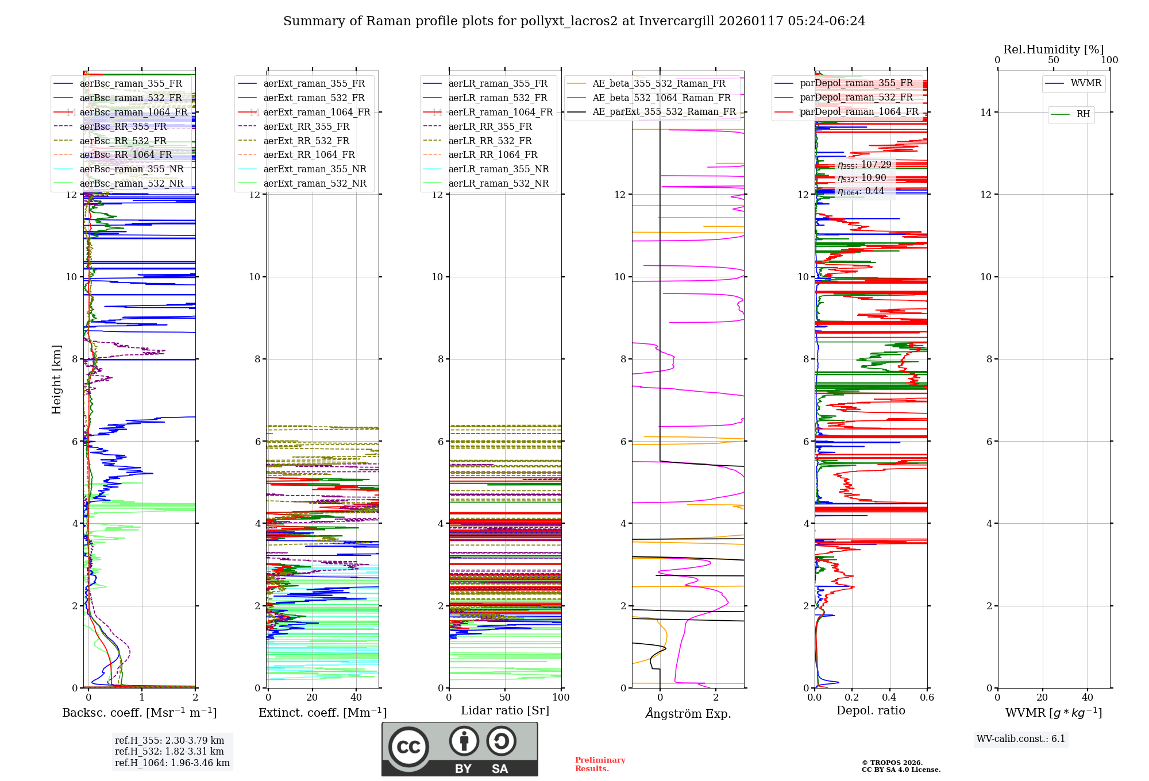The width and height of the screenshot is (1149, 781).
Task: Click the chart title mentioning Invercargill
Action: point(574,21)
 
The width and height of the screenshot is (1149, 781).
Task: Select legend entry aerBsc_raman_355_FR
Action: point(130,84)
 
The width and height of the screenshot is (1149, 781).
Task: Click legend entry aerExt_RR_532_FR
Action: point(306,141)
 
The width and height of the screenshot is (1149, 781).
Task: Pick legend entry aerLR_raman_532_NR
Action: point(498,184)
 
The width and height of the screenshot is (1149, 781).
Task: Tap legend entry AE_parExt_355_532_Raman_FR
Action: point(664,112)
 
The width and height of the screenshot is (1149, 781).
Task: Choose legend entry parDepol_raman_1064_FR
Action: point(859,112)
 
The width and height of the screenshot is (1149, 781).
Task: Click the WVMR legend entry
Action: point(1086,83)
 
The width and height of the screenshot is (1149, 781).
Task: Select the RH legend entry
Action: point(1083,114)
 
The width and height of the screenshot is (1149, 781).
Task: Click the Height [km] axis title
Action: point(56,379)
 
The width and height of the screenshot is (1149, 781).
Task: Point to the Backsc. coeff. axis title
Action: point(139,713)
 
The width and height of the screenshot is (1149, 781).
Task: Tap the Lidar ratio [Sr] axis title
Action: point(504,710)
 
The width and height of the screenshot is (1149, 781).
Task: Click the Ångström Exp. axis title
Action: point(688,713)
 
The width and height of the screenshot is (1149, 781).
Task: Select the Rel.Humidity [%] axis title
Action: point(1053,49)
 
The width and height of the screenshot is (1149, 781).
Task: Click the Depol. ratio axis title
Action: point(870,710)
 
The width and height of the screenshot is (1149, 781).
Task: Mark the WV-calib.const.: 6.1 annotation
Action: point(1021,739)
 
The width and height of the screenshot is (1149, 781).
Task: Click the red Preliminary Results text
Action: point(600,764)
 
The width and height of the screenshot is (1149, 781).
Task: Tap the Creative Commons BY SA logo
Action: point(460,749)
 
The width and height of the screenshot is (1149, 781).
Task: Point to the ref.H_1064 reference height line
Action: point(172,763)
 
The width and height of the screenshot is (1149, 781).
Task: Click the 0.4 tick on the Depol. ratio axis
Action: point(889,698)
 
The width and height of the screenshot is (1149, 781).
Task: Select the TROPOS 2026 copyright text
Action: point(900,766)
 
